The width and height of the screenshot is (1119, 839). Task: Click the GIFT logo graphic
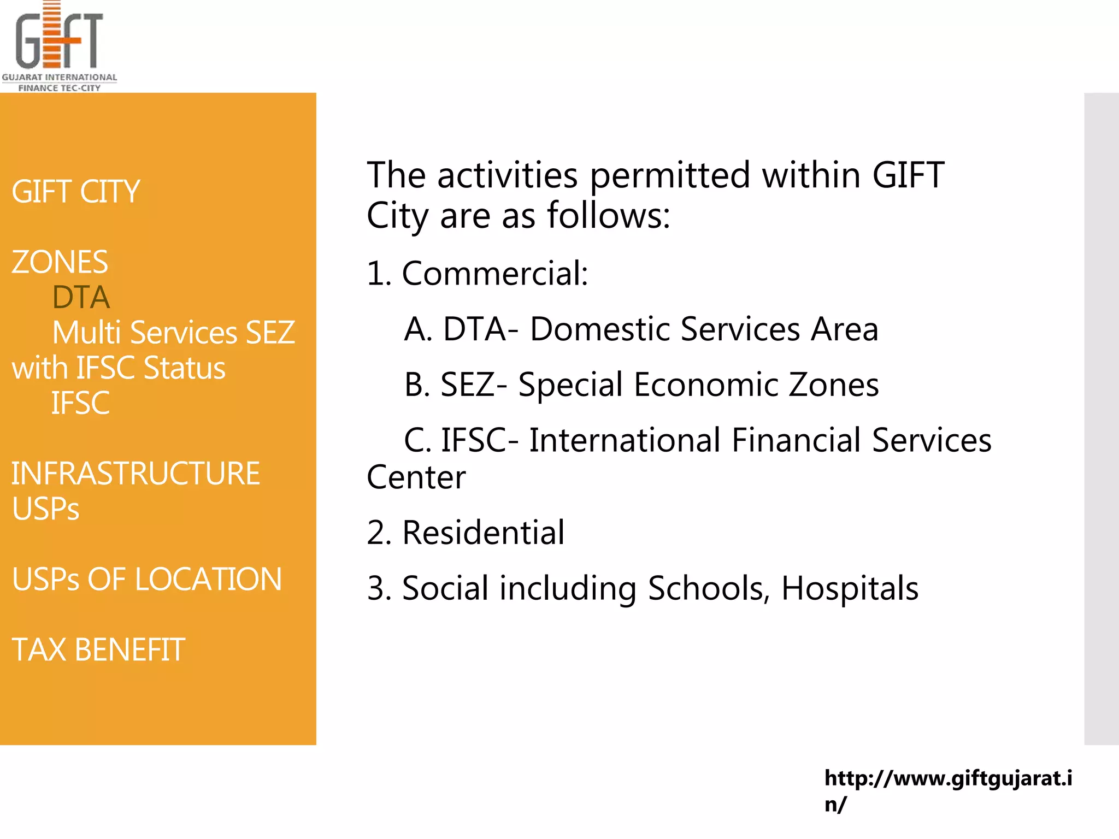[59, 37]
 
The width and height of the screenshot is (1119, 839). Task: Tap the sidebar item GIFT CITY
[76, 192]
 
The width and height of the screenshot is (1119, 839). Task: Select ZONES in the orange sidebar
[60, 262]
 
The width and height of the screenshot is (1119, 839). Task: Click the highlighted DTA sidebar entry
[81, 298]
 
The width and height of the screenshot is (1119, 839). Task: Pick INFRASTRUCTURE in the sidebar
[136, 474]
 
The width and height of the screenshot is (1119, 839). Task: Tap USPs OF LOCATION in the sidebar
[147, 580]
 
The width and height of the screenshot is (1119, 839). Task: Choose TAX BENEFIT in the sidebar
[98, 650]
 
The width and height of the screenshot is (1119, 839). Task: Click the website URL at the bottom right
[948, 790]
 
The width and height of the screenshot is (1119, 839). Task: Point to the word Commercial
[494, 273]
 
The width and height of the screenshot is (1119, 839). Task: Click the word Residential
[484, 533]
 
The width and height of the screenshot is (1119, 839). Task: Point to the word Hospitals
[850, 588]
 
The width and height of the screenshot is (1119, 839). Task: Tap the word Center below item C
[416, 477]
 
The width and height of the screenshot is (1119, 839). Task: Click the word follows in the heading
[608, 215]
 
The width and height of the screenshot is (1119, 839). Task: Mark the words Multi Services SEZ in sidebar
[174, 333]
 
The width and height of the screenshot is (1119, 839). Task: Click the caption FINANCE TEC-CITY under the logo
[59, 88]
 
